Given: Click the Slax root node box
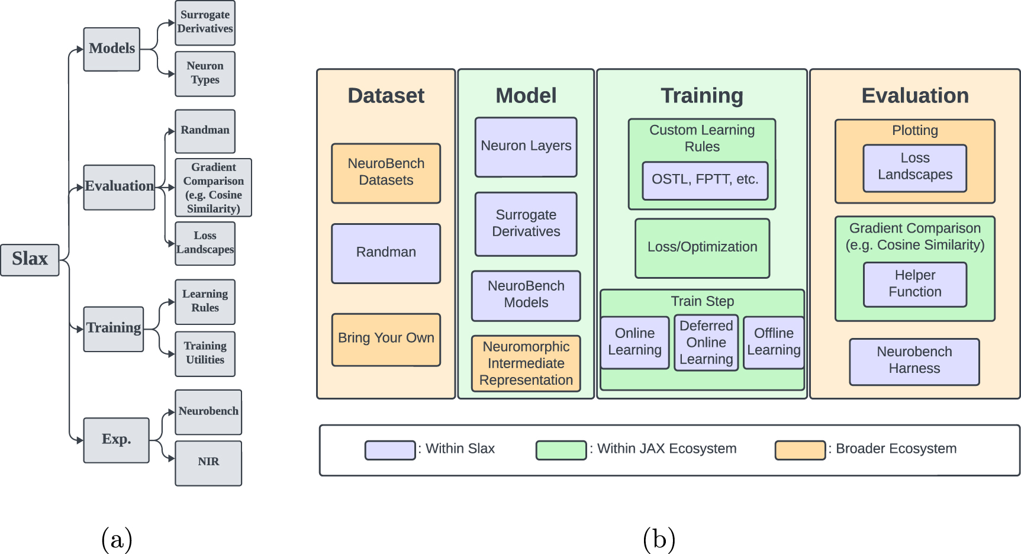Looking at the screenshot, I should click(x=30, y=259).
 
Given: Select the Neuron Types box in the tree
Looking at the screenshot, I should click(x=205, y=73).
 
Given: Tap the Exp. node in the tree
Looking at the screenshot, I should click(x=116, y=440).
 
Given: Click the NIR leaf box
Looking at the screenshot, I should click(x=208, y=462).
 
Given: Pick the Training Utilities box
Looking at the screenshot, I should click(x=205, y=353).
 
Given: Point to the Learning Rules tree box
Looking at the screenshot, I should click(x=205, y=301).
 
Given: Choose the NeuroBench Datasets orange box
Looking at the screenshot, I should click(x=386, y=173).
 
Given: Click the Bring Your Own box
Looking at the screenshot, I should click(x=386, y=339).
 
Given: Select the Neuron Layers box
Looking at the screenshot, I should click(x=526, y=147).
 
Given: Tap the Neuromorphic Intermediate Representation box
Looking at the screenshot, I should click(x=526, y=363).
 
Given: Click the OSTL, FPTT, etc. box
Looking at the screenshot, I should click(x=705, y=180).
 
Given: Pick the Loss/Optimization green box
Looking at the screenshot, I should click(x=702, y=248).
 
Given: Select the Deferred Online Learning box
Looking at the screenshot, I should click(x=706, y=343).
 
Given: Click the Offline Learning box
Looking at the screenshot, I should click(x=774, y=342).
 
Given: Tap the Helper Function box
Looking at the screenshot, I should click(x=914, y=284).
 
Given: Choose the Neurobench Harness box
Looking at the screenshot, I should click(x=914, y=361).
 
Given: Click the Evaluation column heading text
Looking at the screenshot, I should click(x=914, y=96).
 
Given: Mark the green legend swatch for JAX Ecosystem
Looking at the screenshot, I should click(x=561, y=450).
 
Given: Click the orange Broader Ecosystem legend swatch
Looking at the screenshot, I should click(x=800, y=450).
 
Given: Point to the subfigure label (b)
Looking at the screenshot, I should click(x=659, y=539).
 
